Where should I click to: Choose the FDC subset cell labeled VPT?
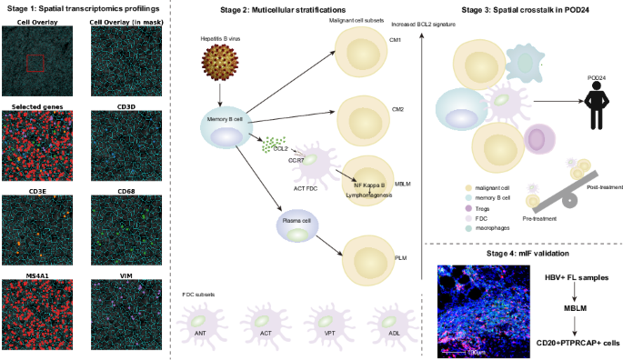point(328,323)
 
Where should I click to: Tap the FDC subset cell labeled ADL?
point(393,323)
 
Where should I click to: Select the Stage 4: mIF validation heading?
point(524,252)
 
